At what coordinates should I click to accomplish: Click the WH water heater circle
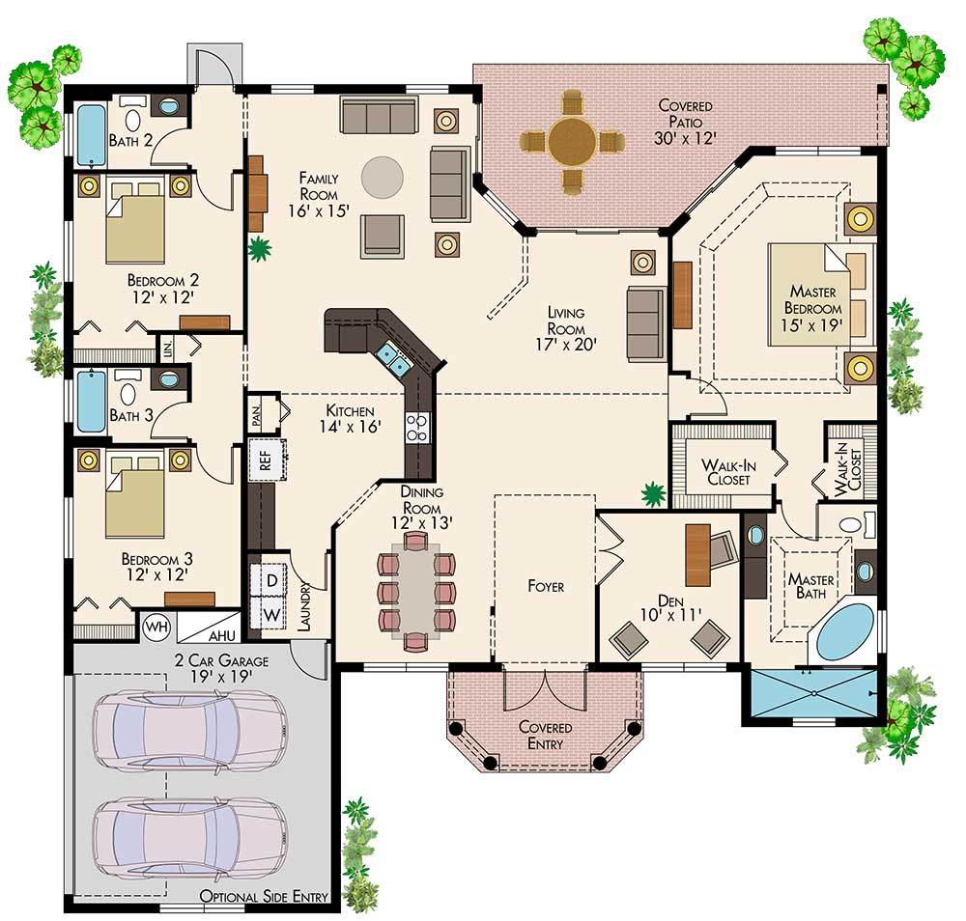click(x=156, y=626)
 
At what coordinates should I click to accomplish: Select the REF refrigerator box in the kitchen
click(x=265, y=458)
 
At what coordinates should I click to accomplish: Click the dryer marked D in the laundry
click(x=271, y=579)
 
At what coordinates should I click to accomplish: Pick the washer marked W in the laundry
click(x=271, y=613)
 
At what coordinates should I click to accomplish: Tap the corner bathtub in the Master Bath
click(x=845, y=628)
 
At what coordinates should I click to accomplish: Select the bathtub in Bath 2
click(x=92, y=136)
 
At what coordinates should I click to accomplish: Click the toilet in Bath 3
click(x=127, y=394)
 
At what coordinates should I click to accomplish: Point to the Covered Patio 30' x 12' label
click(x=686, y=122)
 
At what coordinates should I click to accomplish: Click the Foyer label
click(x=545, y=586)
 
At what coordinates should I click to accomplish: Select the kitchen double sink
click(x=394, y=358)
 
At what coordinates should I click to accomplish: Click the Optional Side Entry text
click(x=264, y=897)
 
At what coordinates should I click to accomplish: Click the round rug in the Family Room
click(x=383, y=177)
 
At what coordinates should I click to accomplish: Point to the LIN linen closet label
click(x=165, y=347)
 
